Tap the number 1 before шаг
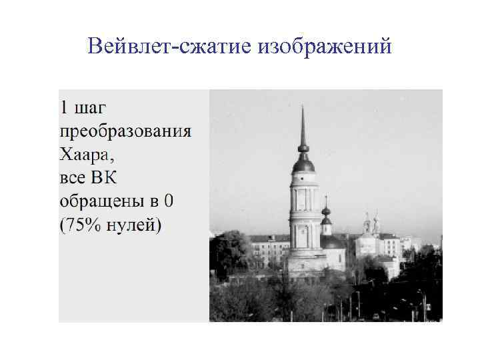(x=65, y=107)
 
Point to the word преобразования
(x=125, y=131)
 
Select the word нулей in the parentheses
(x=134, y=224)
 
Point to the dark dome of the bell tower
(x=303, y=163)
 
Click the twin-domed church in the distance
(x=371, y=230)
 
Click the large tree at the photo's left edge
(x=227, y=253)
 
